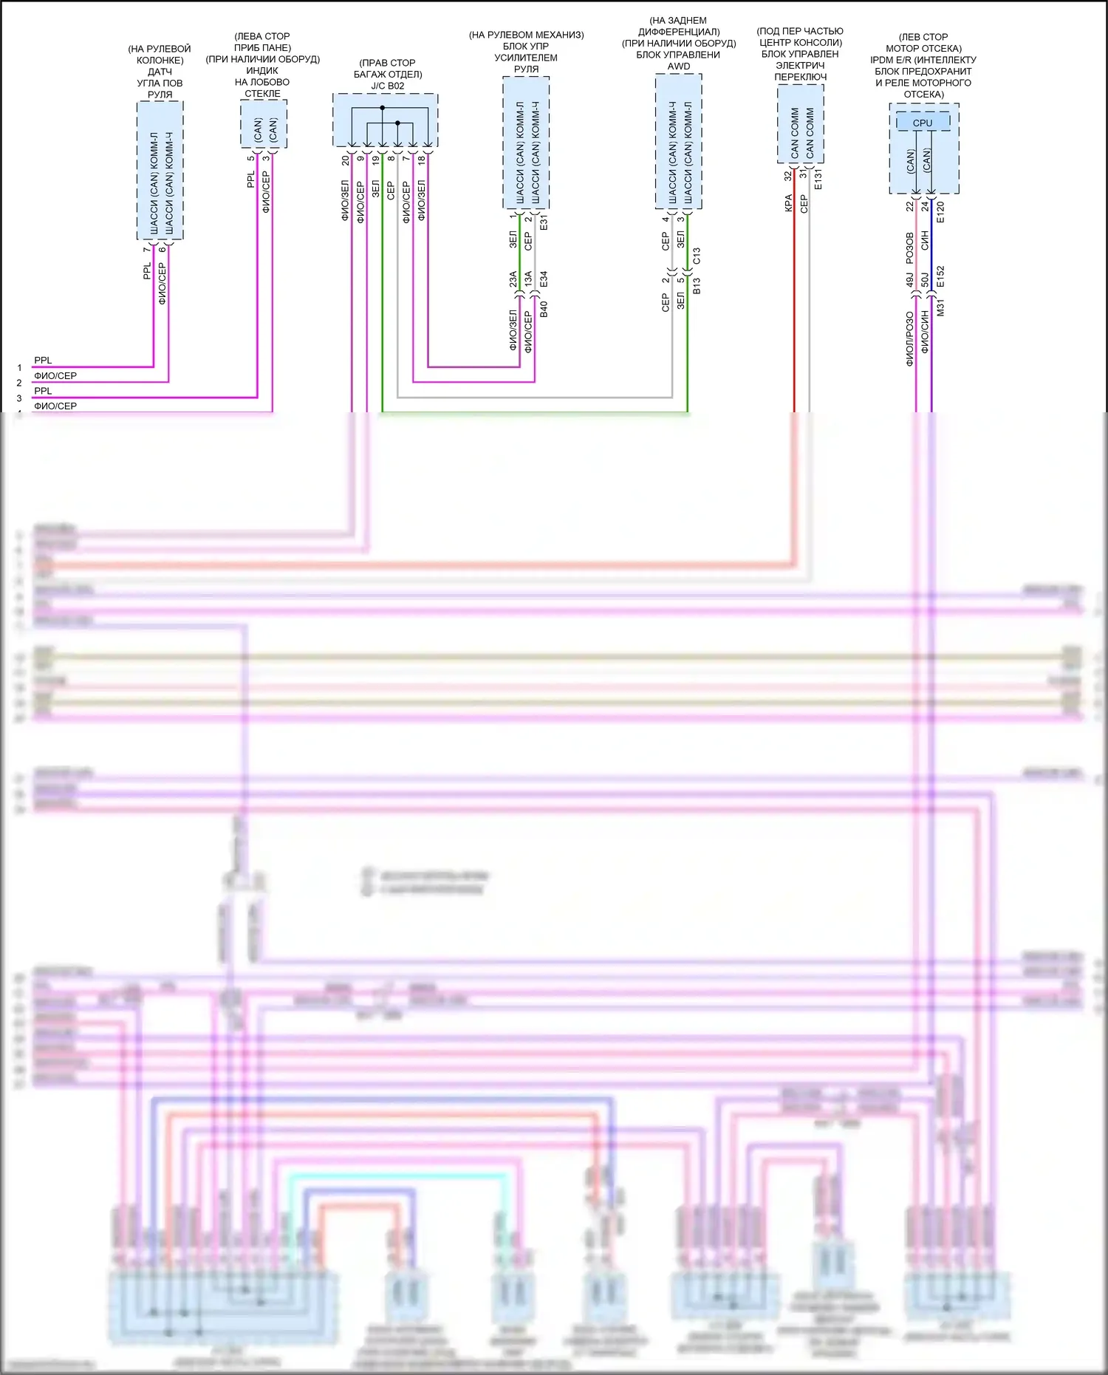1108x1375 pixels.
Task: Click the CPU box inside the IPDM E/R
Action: click(x=923, y=123)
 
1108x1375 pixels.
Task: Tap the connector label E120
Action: click(x=940, y=213)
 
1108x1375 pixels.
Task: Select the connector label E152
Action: click(x=940, y=276)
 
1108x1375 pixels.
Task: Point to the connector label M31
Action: click(x=940, y=308)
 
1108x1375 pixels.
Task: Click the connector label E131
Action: click(x=818, y=180)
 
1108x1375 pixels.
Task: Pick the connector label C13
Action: click(x=697, y=256)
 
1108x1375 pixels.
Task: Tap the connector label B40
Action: click(x=544, y=309)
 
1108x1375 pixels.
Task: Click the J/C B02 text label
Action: click(x=388, y=86)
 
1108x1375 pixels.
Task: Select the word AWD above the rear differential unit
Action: click(x=679, y=66)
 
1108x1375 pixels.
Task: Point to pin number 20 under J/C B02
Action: click(x=346, y=160)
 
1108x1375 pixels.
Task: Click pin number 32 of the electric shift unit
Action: click(x=788, y=176)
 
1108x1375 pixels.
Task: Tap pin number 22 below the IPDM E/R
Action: click(x=910, y=207)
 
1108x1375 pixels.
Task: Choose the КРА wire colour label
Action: click(x=788, y=203)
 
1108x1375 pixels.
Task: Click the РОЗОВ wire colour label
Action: click(x=910, y=248)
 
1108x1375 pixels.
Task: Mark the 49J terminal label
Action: click(x=910, y=280)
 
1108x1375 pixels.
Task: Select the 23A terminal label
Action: click(x=513, y=279)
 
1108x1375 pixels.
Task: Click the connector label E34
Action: click(x=544, y=279)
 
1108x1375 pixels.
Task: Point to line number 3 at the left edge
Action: click(x=19, y=398)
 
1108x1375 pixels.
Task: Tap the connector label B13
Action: click(x=697, y=286)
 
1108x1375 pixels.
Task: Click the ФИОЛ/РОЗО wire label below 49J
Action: click(x=910, y=338)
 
